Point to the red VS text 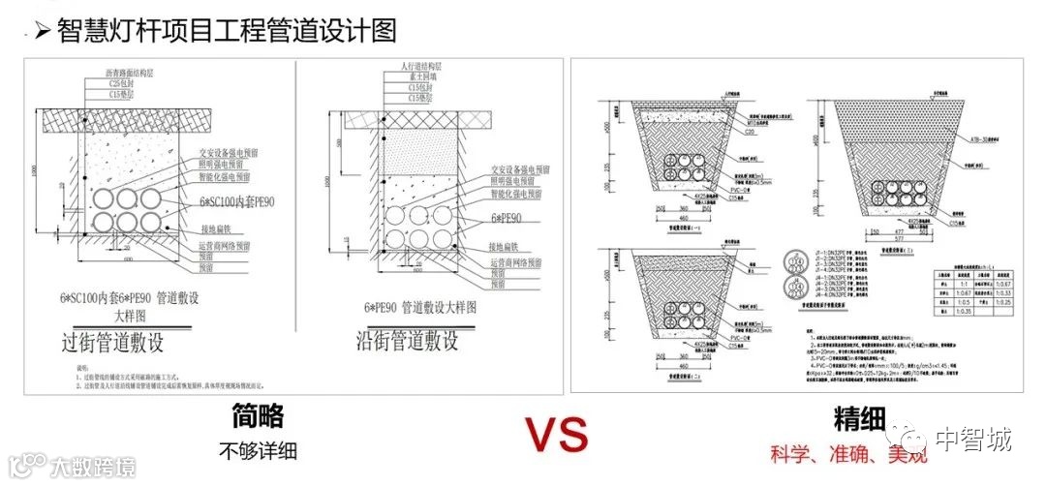click(556, 436)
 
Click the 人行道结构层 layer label click(406, 66)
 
